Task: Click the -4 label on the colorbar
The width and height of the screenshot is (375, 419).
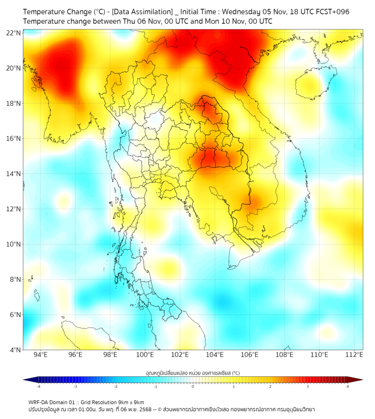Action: click(38, 386)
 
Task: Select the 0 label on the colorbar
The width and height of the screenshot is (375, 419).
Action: click(192, 386)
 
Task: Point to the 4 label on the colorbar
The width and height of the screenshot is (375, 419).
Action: click(348, 386)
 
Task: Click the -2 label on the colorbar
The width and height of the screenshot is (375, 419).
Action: click(115, 386)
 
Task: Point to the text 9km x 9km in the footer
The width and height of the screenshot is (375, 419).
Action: click(130, 402)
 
